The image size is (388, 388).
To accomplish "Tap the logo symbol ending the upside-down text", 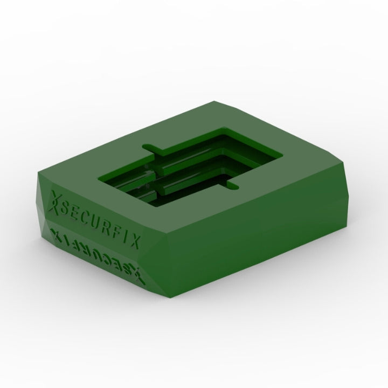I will pos(138,275).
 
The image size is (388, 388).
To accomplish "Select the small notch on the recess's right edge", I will pos(233,186).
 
